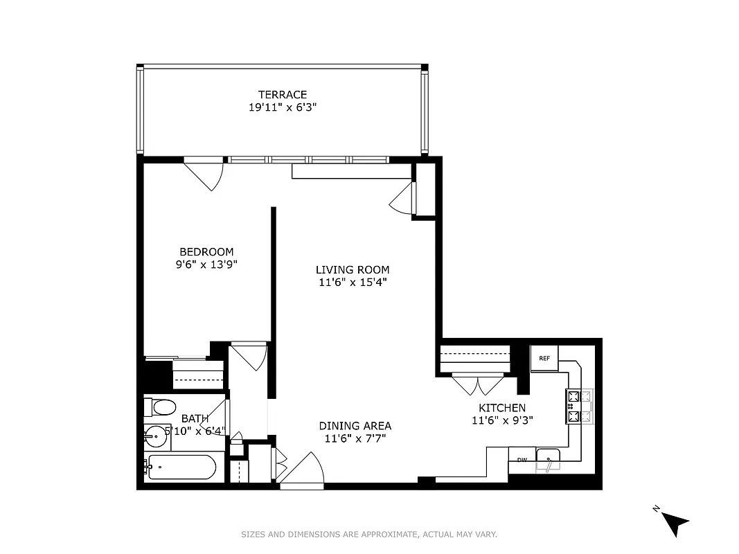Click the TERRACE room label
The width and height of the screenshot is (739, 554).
pos(282,95)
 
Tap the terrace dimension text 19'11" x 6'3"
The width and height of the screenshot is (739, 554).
pos(282,107)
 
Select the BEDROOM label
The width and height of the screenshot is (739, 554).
pos(206,252)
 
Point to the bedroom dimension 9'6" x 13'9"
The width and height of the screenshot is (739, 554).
pos(206,265)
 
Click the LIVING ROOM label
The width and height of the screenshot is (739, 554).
pos(353,270)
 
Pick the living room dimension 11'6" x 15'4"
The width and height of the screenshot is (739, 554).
pos(353,283)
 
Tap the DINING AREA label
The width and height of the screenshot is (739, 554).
pos(355,426)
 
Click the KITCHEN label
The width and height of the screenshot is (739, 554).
pos(502,408)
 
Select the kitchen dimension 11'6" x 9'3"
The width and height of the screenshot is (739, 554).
pos(502,420)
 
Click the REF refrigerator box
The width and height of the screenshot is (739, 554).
pos(544,358)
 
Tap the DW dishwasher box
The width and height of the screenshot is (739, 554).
pos(521,459)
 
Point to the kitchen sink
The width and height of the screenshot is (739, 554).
pos(549,460)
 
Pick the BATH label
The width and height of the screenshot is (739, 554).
pos(195,418)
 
